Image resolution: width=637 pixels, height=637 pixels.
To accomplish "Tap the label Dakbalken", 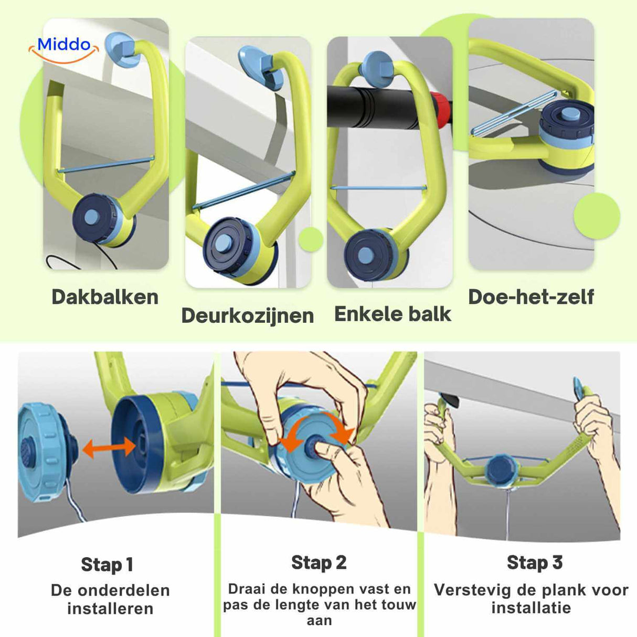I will (105, 297).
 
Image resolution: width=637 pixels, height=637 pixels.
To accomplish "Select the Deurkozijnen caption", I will (247, 315).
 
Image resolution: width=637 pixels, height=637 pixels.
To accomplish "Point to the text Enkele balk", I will (392, 314).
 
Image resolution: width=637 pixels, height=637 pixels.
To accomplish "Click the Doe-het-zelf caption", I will (530, 296).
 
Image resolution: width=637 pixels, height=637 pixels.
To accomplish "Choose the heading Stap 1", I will (107, 565).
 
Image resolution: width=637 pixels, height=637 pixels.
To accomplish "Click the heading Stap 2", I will (318, 562).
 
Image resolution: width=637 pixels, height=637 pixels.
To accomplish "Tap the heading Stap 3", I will (534, 562).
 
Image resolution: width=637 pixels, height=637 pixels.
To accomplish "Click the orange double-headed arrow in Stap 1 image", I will (109, 448).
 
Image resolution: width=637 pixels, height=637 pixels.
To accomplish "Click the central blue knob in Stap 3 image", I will (501, 468).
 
